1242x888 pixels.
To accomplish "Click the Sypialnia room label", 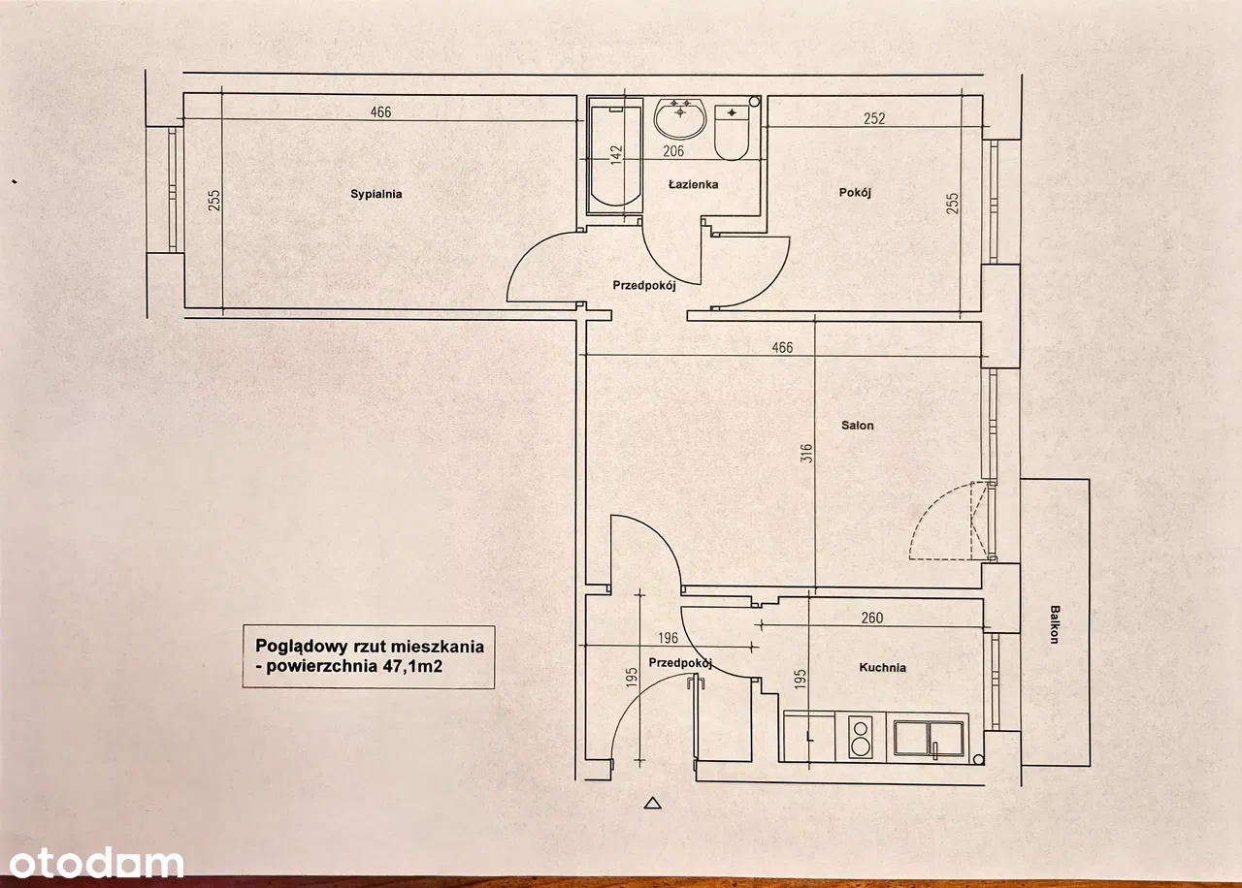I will click(x=376, y=194).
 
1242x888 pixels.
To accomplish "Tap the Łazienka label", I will click(x=693, y=184).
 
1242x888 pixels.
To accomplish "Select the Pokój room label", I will click(x=855, y=192).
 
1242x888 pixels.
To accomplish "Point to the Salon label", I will click(x=858, y=425).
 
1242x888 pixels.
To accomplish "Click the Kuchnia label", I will click(x=882, y=667).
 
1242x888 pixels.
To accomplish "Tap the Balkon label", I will click(x=1054, y=625).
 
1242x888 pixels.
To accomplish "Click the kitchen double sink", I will click(x=929, y=739).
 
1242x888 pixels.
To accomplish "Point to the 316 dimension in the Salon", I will click(x=807, y=453).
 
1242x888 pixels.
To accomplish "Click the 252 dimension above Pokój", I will click(x=874, y=119).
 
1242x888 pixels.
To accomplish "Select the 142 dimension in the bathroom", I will click(x=615, y=155).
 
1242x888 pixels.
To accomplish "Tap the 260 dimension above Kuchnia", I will click(x=871, y=618).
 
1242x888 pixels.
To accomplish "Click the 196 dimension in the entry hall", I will click(x=667, y=638).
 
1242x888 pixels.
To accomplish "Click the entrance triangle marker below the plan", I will click(x=652, y=802).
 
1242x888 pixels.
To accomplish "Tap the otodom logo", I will click(x=92, y=862).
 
